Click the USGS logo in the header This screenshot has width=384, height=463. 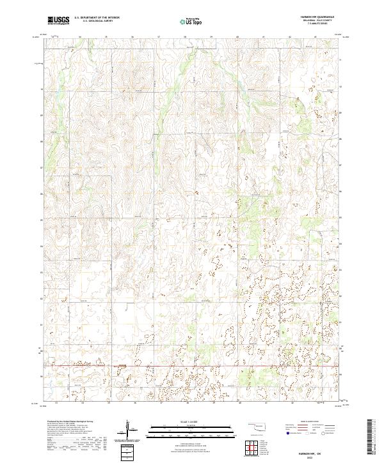tap(59, 20)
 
